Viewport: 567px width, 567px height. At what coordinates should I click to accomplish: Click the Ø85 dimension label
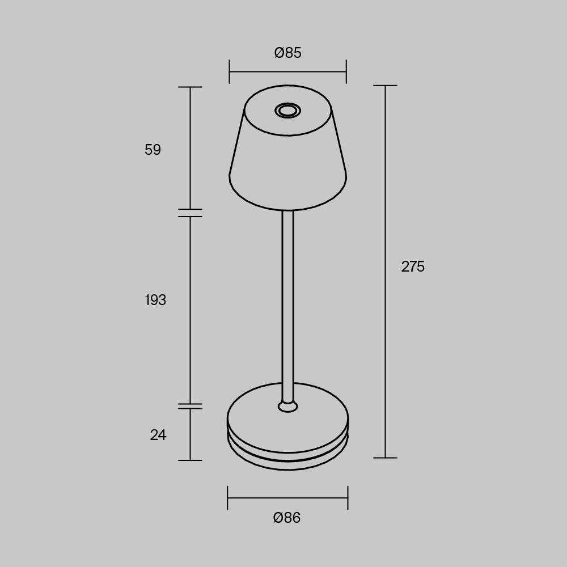point(287,53)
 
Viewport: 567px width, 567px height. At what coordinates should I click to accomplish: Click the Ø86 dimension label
point(287,518)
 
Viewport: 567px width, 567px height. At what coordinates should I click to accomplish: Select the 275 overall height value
point(413,266)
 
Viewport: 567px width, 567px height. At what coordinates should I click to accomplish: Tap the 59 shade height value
point(153,150)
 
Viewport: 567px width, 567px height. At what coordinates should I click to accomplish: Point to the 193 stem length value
point(155,300)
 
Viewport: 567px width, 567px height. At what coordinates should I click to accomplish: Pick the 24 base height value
point(158,435)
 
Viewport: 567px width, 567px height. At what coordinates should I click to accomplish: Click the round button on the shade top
point(287,110)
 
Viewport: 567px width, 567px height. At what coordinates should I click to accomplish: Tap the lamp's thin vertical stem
point(287,301)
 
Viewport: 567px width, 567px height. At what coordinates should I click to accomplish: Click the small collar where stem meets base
point(287,406)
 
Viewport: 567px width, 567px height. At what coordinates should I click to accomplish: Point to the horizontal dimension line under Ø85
point(287,72)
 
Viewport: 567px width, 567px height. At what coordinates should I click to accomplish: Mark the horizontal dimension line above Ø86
point(287,498)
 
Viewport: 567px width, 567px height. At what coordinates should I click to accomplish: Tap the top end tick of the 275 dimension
point(386,86)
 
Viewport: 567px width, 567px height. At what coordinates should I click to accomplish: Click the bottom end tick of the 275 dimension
point(386,458)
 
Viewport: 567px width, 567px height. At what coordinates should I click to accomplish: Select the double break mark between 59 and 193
point(190,213)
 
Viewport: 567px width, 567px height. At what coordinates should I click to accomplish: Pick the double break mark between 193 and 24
point(190,406)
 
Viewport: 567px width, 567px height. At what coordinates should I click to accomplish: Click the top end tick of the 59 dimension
point(190,87)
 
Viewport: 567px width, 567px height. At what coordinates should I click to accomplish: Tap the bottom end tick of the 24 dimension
point(190,460)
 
